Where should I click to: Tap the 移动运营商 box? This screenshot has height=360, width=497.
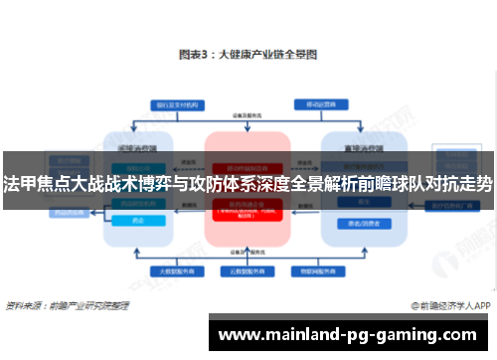(319, 103)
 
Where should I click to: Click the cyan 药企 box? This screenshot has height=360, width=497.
(137, 221)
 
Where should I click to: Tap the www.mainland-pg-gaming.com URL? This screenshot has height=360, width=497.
(354, 334)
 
